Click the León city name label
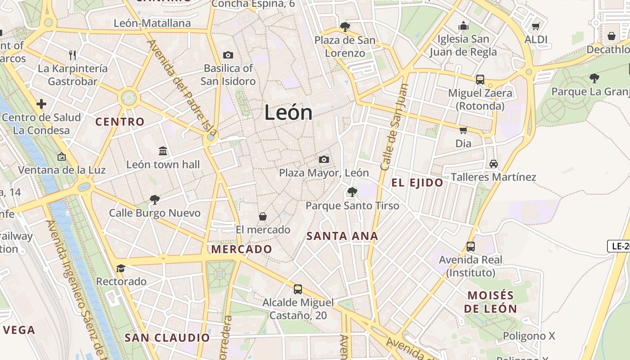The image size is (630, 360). click(x=288, y=112)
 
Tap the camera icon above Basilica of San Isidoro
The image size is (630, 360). click(x=228, y=55)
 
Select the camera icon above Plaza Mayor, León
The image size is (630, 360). click(x=324, y=159)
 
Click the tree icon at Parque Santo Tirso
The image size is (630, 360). click(x=352, y=192)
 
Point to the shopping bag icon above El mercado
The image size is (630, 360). click(x=263, y=216)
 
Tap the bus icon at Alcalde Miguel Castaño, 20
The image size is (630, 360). click(x=297, y=289)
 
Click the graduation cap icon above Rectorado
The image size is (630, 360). click(x=121, y=268)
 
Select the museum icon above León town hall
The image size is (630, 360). click(x=163, y=151)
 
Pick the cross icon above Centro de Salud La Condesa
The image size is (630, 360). click(x=41, y=104)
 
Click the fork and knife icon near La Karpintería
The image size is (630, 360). click(x=72, y=55)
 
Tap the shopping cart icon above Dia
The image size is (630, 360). click(x=463, y=130)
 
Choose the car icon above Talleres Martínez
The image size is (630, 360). click(x=493, y=163)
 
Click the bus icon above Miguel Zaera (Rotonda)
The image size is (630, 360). click(x=480, y=80)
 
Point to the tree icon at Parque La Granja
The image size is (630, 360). click(x=594, y=78)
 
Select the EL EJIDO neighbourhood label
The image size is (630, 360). click(x=417, y=183)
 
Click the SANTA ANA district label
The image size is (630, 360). click(x=342, y=236)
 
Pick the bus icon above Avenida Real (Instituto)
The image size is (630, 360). click(x=471, y=246)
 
